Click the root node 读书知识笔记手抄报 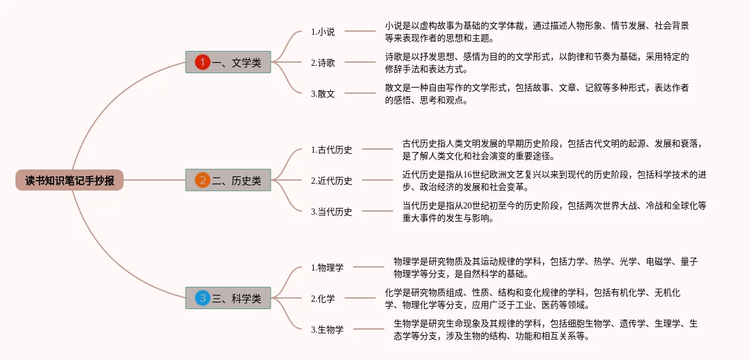pos(70,181)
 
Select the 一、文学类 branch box pos(228,62)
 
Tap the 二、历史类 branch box pos(228,181)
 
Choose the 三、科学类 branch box pos(228,299)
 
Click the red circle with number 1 pos(202,62)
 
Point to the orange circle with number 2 pos(202,181)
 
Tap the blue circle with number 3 pos(202,299)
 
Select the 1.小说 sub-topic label pos(323,32)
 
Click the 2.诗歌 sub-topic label pos(323,62)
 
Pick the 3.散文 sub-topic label pos(323,94)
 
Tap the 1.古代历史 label pos(332,150)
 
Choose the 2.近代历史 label pos(332,181)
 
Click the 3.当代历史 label pos(332,212)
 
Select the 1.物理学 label pos(327,268)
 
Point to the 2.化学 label pos(323,299)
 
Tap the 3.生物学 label pos(327,330)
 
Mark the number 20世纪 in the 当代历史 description pos(473,205)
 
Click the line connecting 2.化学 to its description pos(359,299)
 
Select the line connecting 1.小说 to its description pos(359,31)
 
